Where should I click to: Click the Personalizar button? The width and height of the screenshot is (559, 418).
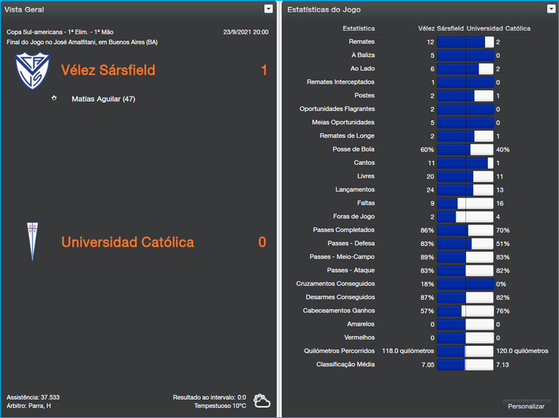click(527, 406)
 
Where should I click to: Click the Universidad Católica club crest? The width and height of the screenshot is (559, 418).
click(31, 241)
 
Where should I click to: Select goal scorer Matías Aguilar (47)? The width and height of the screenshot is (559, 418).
click(103, 99)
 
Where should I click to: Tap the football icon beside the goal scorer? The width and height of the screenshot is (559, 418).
click(55, 99)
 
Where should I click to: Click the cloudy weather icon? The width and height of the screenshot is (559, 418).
click(262, 401)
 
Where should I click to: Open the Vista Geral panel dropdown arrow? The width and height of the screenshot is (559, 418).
click(268, 9)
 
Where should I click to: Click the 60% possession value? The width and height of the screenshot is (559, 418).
click(426, 150)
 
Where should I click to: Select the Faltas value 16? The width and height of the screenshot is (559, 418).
click(500, 203)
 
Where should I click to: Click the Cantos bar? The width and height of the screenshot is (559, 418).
click(465, 163)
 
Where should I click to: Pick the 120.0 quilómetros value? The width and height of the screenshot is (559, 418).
click(522, 351)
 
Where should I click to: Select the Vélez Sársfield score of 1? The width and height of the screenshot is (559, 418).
click(263, 71)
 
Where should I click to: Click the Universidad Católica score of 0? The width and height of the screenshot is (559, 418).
click(262, 243)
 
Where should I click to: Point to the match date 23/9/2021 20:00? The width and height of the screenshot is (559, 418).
click(245, 32)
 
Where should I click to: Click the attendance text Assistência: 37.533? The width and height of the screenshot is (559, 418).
click(33, 397)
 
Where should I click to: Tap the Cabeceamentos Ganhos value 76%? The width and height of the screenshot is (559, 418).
click(502, 311)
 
